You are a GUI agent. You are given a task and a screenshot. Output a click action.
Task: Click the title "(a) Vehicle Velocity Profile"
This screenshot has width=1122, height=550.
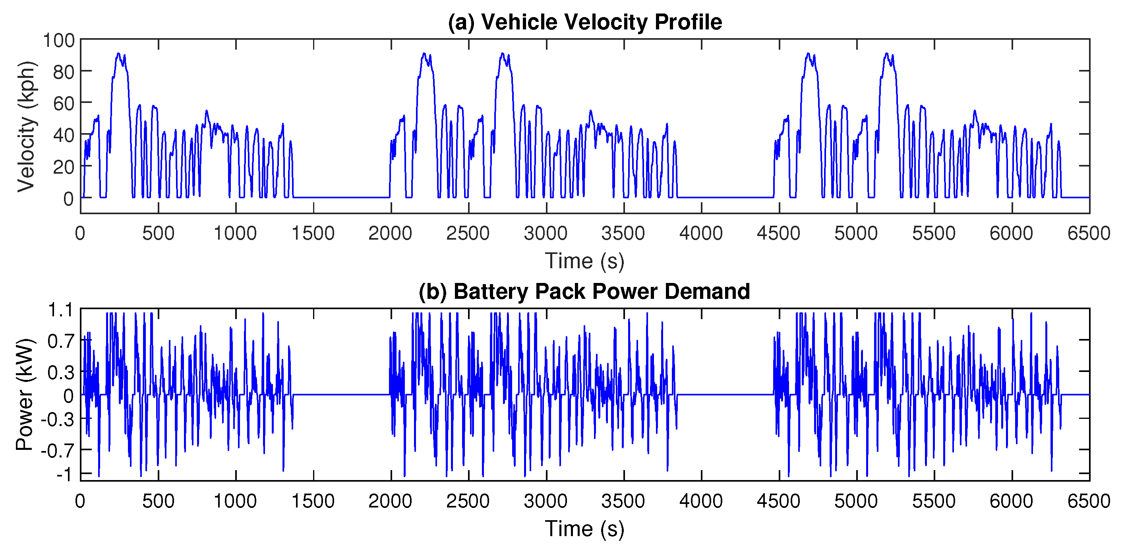pyautogui.click(x=584, y=22)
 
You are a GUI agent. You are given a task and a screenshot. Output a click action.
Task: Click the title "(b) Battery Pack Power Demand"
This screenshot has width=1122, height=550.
pyautogui.click(x=584, y=291)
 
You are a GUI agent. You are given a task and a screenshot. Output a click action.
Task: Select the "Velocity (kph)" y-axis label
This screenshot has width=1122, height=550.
pyautogui.click(x=26, y=126)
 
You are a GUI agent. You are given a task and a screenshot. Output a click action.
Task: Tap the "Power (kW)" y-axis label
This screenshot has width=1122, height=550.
pyautogui.click(x=25, y=394)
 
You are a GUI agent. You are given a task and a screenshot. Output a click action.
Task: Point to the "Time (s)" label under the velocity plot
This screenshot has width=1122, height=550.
pyautogui.click(x=584, y=261)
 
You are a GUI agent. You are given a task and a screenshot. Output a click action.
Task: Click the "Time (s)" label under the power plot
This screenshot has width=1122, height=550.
pyautogui.click(x=584, y=528)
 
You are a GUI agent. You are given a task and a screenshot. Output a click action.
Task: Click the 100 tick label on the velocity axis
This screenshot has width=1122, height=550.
pyautogui.click(x=59, y=41)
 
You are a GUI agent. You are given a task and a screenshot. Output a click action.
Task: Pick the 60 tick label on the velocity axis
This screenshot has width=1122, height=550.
pyautogui.click(x=64, y=103)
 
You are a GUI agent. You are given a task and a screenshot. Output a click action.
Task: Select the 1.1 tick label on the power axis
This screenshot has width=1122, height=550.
pyautogui.click(x=60, y=310)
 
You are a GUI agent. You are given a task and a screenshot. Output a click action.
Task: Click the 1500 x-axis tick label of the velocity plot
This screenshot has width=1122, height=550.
pyautogui.click(x=313, y=234)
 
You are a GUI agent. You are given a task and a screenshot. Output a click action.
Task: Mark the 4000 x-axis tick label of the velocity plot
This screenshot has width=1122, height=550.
pyautogui.click(x=701, y=234)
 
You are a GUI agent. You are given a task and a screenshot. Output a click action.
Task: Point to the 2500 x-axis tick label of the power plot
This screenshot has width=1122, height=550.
pyautogui.click(x=468, y=501)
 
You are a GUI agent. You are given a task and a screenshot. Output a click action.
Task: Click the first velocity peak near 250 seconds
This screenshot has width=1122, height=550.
pyautogui.click(x=118, y=54)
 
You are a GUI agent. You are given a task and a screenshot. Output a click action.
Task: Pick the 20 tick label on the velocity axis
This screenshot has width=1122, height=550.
pyautogui.click(x=64, y=167)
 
